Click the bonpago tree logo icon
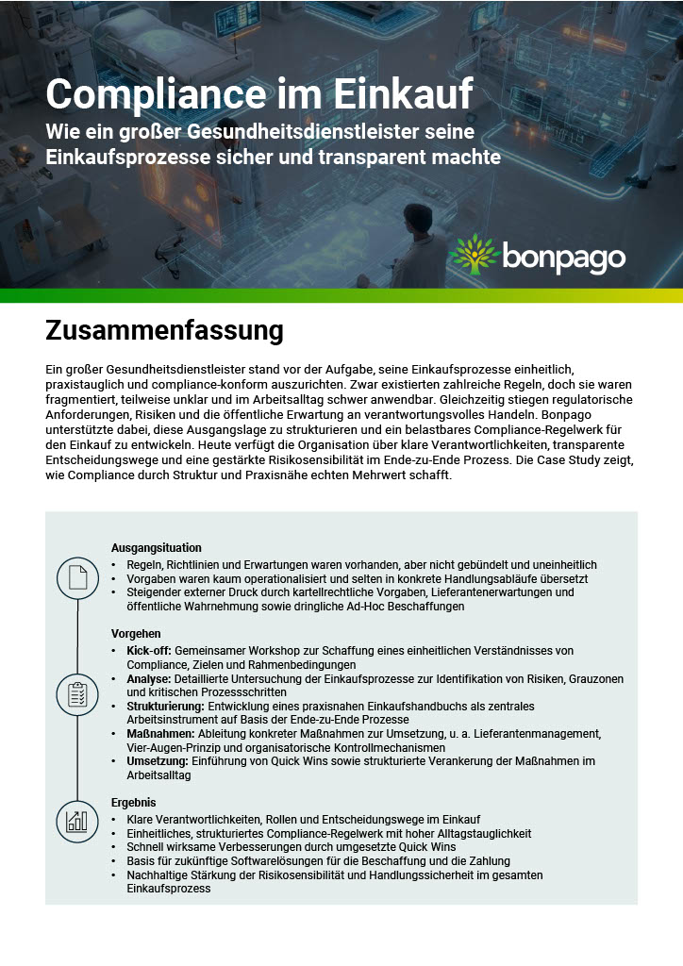[x=473, y=254]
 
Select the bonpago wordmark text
[x=563, y=256]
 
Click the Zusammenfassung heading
[x=164, y=331]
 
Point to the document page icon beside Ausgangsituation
[x=76, y=577]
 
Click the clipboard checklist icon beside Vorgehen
[x=76, y=695]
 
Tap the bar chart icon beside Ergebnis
[x=76, y=821]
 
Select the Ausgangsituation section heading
[x=156, y=548]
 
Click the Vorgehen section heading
[x=136, y=634]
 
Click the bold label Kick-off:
[x=149, y=651]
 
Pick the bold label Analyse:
[x=148, y=679]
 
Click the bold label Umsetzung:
[x=158, y=761]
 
